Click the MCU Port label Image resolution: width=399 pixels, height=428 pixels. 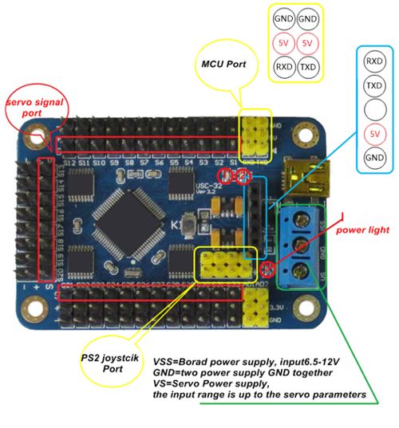223,64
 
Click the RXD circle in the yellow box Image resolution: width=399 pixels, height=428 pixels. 283,68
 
